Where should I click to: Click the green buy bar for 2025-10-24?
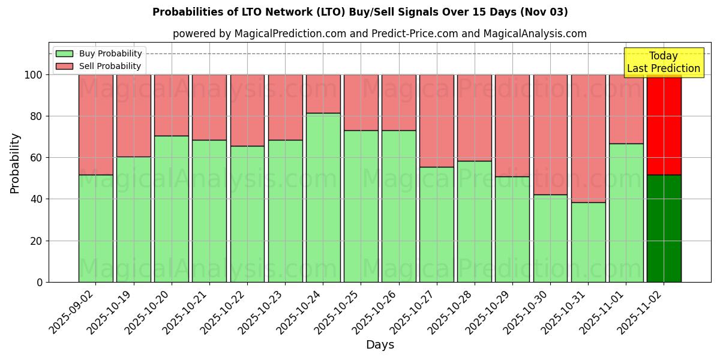[323, 197]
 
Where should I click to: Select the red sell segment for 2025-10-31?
[588, 138]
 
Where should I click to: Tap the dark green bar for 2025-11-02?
[664, 228]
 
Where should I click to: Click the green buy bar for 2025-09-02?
[95, 228]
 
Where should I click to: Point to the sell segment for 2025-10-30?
[550, 134]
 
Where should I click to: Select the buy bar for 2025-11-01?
[626, 212]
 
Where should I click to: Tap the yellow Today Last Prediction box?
[664, 62]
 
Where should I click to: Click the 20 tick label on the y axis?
[37, 241]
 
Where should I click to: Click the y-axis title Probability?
[15, 163]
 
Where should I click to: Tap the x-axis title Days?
[380, 345]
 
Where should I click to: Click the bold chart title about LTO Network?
[360, 12]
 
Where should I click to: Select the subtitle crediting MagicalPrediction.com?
[380, 34]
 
